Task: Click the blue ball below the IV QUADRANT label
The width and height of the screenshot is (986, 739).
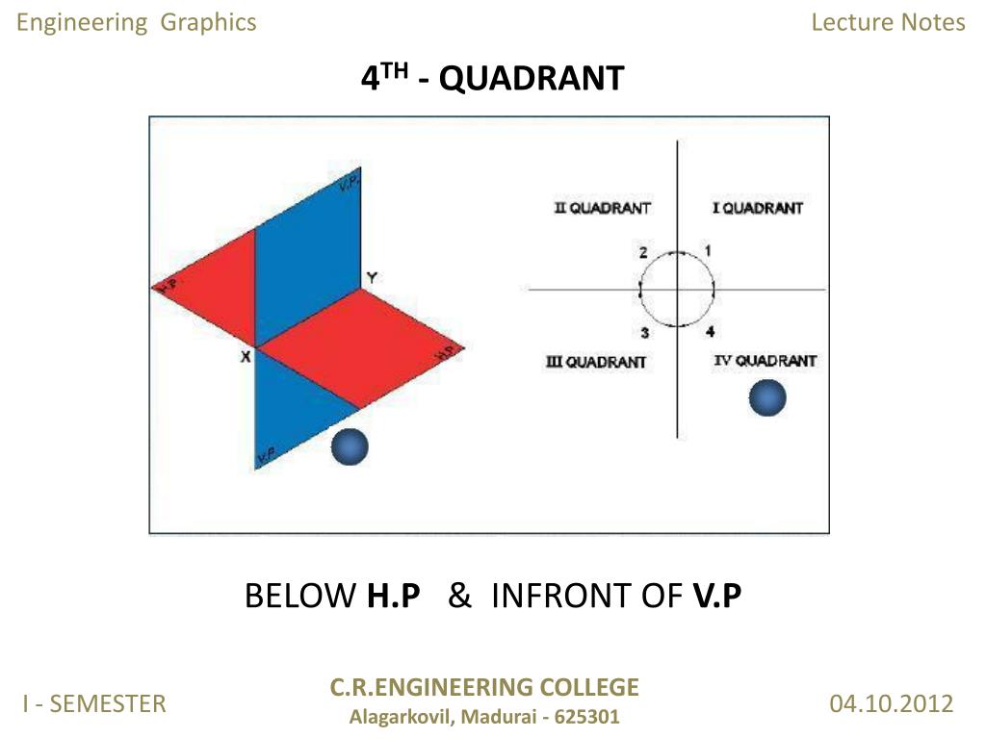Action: pyautogui.click(x=767, y=397)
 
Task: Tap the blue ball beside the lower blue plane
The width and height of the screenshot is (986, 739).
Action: pyautogui.click(x=350, y=446)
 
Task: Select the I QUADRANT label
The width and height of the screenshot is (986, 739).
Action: pyautogui.click(x=757, y=208)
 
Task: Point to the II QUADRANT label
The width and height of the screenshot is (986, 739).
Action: pyautogui.click(x=603, y=208)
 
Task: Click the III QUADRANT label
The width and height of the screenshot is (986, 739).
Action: pyautogui.click(x=596, y=362)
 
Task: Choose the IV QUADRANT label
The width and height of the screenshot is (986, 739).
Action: pyautogui.click(x=765, y=361)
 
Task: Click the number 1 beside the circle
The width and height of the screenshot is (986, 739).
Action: pyautogui.click(x=708, y=251)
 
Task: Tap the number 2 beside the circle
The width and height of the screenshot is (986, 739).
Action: pyautogui.click(x=642, y=253)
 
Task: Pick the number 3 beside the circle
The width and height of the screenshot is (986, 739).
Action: pyautogui.click(x=645, y=333)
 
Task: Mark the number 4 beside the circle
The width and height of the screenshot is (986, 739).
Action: pyautogui.click(x=710, y=333)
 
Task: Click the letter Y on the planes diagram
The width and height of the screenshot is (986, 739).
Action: pyautogui.click(x=372, y=278)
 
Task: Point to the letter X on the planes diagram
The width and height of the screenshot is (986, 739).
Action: pyautogui.click(x=246, y=356)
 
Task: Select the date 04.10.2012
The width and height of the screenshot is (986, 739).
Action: pyautogui.click(x=891, y=703)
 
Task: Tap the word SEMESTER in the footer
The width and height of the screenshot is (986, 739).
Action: pyautogui.click(x=107, y=704)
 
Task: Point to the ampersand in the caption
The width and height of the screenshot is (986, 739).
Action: pyautogui.click(x=459, y=597)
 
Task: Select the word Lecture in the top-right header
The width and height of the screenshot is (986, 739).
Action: pyautogui.click(x=845, y=22)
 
